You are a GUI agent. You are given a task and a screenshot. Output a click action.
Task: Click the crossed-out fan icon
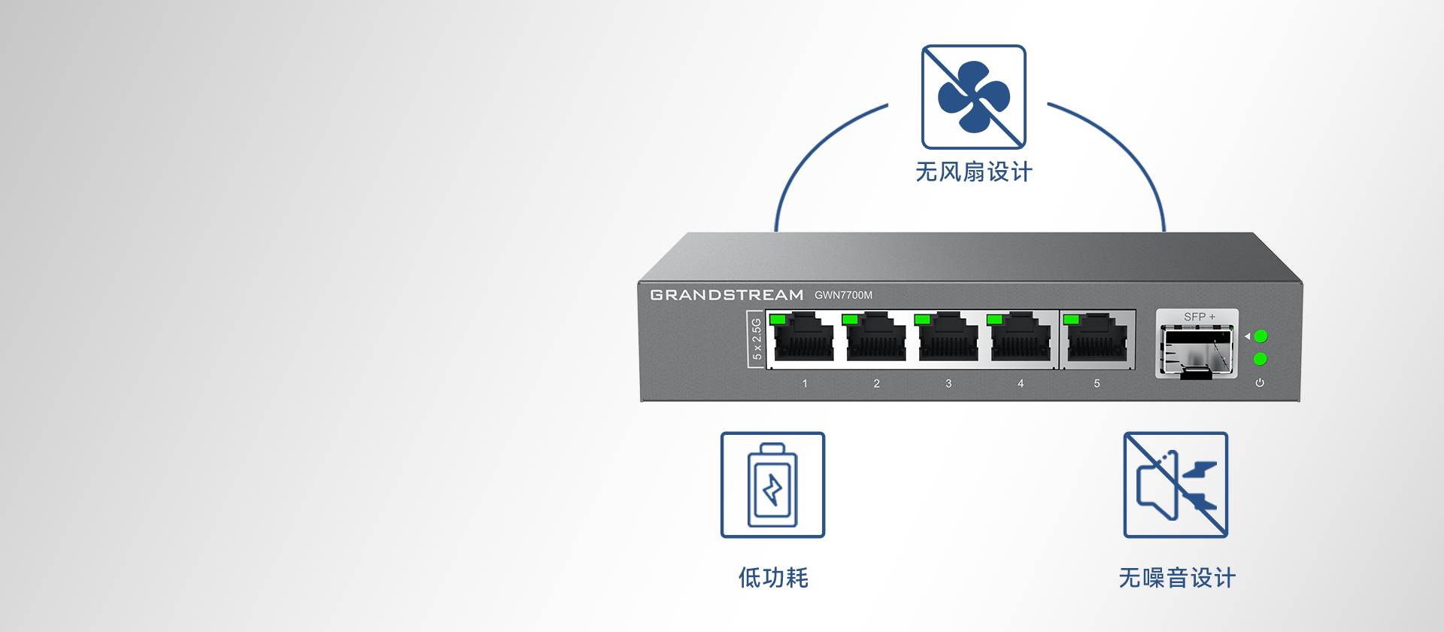click(x=974, y=97)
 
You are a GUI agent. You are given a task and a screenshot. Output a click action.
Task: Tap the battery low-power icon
click(x=772, y=485)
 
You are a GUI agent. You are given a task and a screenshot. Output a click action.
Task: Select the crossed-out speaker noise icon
click(x=1176, y=485)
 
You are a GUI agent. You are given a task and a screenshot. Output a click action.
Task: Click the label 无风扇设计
click(x=974, y=172)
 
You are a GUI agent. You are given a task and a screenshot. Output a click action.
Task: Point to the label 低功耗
click(x=773, y=578)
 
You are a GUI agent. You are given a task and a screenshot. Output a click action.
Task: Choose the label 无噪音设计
click(x=1177, y=578)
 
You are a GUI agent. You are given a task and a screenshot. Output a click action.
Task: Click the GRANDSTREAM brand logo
click(x=727, y=295)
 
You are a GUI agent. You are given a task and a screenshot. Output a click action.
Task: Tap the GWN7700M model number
click(x=843, y=295)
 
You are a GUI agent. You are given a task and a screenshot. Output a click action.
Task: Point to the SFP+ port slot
click(x=1197, y=350)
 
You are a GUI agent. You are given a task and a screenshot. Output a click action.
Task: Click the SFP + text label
click(x=1199, y=317)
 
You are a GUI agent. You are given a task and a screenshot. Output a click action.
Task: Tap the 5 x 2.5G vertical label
click(x=757, y=339)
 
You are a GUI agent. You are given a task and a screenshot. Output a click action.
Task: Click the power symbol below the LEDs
click(x=1260, y=383)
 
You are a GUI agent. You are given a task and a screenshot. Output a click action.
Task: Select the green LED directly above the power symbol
click(x=1260, y=359)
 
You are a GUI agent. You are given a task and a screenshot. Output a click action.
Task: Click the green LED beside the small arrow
click(x=1261, y=336)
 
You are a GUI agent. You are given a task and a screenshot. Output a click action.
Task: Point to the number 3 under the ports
click(x=948, y=384)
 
